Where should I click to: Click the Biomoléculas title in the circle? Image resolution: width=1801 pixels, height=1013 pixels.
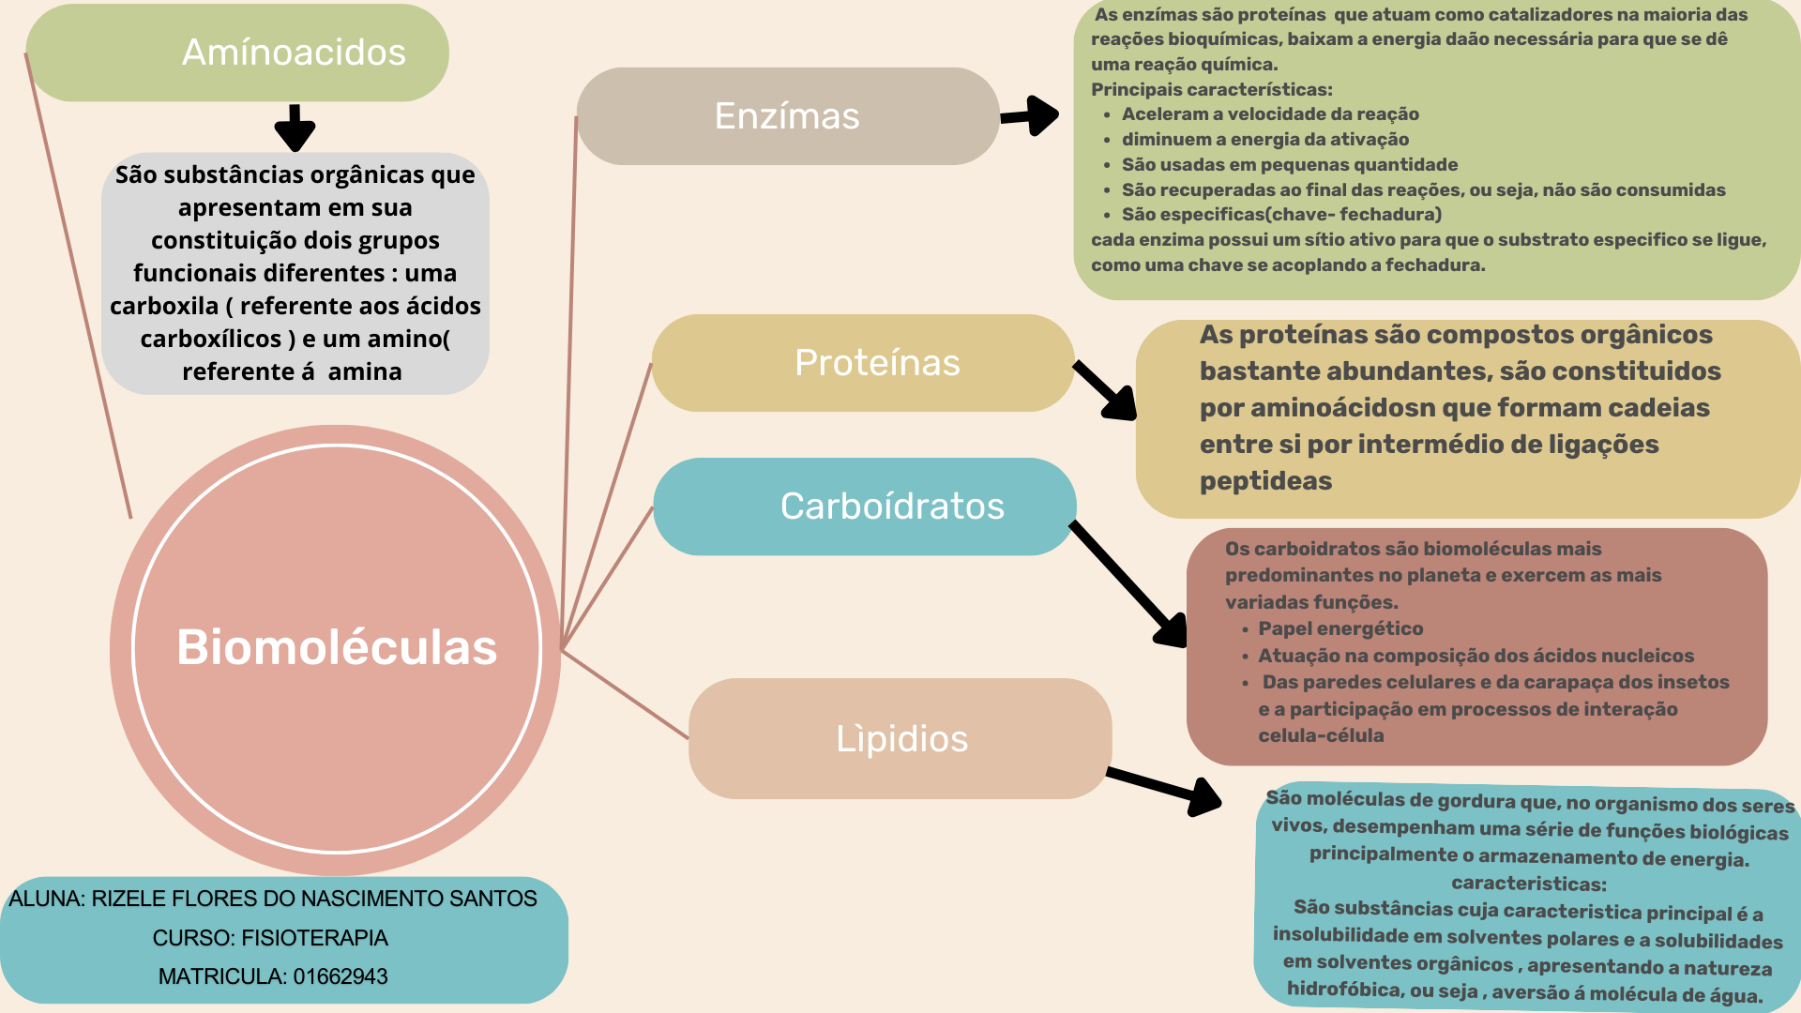[337, 647]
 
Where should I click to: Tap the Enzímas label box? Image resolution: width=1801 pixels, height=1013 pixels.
[787, 116]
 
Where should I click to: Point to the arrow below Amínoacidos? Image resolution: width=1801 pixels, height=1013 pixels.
[295, 129]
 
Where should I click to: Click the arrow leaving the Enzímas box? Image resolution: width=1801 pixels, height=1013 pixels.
[1029, 116]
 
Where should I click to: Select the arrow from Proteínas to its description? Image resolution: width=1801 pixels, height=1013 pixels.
[1105, 390]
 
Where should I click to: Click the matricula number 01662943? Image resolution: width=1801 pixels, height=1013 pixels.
[341, 976]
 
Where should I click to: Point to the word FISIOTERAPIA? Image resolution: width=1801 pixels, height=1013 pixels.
[314, 938]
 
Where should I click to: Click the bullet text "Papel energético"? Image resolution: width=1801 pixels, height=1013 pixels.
[1340, 628]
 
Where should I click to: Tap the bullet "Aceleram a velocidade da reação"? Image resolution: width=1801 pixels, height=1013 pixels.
[1270, 114]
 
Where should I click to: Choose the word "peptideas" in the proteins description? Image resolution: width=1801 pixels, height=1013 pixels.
[1265, 481]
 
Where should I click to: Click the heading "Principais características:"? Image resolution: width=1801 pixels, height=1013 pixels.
[1211, 90]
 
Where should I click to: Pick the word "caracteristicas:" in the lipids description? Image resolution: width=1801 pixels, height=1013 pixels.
[1528, 884]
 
